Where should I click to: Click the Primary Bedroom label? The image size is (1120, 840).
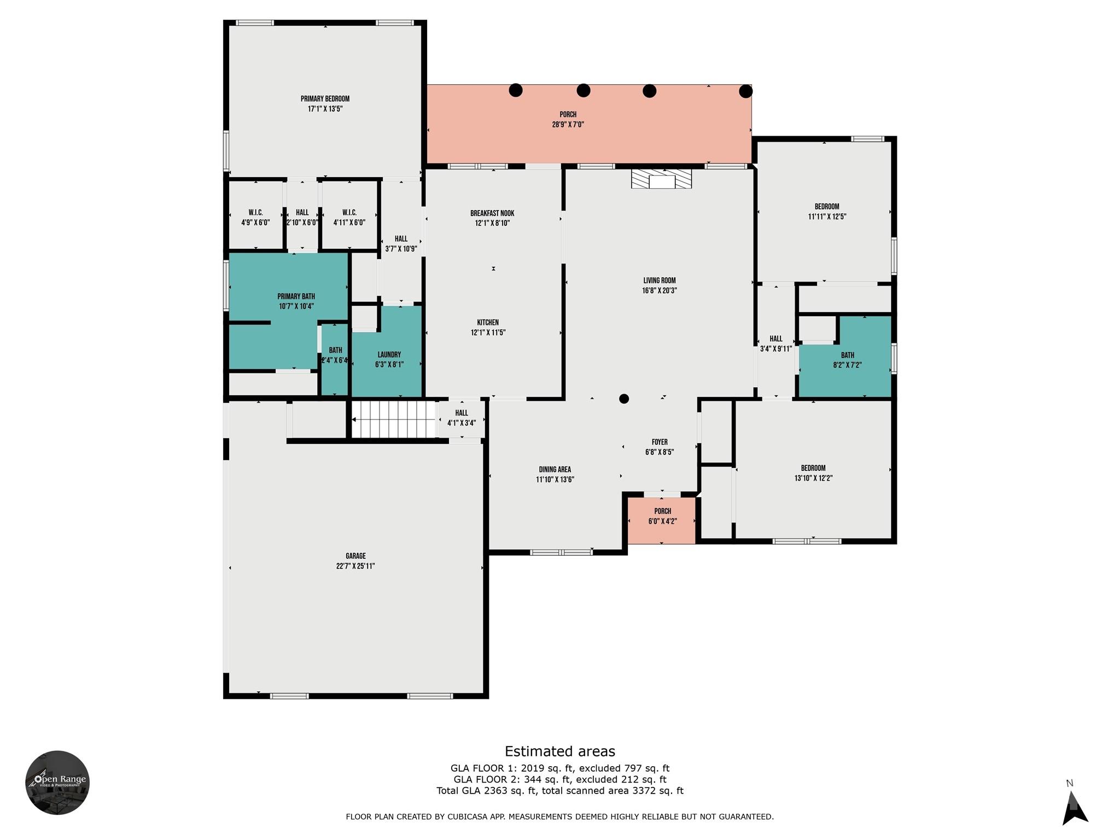click(x=325, y=99)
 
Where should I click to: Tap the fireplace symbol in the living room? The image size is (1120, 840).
click(x=661, y=179)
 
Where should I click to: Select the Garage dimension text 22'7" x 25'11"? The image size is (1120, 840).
click(x=355, y=566)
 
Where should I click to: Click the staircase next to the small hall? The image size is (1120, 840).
click(x=393, y=419)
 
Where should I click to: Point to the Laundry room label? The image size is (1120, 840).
click(x=389, y=354)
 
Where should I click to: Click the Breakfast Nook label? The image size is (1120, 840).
click(x=492, y=213)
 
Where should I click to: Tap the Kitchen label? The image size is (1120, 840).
click(x=488, y=323)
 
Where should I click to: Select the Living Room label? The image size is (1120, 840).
click(x=660, y=281)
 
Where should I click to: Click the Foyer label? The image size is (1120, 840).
click(x=660, y=442)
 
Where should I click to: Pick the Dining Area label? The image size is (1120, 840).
click(x=555, y=469)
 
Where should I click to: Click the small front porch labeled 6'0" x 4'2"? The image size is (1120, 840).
click(x=662, y=520)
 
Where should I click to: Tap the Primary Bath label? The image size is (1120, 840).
click(x=296, y=296)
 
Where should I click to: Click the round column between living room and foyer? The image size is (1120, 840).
click(x=624, y=399)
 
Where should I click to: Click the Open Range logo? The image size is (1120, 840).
click(x=57, y=783)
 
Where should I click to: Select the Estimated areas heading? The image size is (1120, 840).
click(x=559, y=751)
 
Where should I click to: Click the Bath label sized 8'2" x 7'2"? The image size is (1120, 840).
click(x=848, y=355)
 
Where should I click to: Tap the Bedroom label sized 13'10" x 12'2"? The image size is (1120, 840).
click(x=813, y=468)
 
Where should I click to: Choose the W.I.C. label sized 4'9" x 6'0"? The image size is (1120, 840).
click(x=255, y=213)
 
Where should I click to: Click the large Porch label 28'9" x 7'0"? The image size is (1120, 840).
click(x=568, y=115)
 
